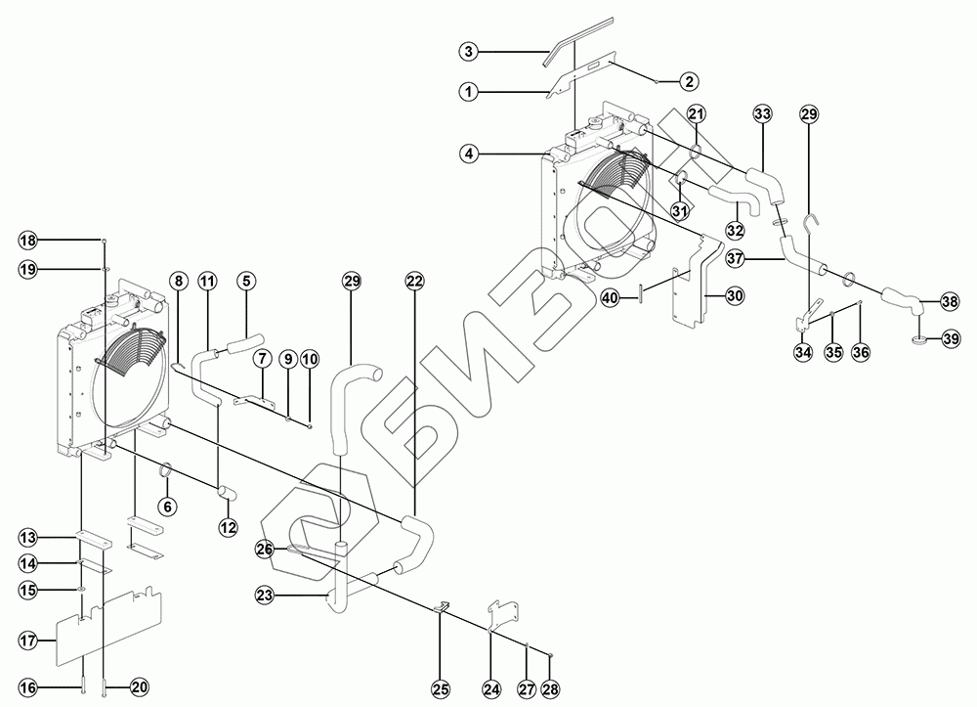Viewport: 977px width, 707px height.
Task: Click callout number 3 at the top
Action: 468,50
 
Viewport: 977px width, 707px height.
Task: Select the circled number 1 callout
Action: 468,91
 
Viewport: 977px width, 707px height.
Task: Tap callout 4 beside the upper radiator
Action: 468,153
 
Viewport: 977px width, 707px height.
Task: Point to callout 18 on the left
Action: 28,241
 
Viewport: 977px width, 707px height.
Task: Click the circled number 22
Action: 413,281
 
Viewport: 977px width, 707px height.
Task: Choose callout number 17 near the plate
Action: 28,641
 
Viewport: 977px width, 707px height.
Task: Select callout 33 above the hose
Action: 762,114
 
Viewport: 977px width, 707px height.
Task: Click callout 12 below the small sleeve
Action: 227,528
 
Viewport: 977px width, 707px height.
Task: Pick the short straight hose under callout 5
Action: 246,342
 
